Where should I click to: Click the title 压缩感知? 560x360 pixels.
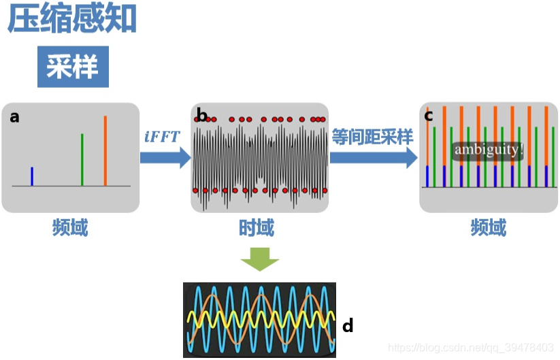point(72,20)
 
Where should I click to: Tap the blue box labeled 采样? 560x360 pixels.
point(72,67)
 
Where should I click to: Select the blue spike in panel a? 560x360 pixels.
point(32,176)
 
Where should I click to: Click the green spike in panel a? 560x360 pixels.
point(82,159)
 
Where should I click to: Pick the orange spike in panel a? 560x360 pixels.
point(105,150)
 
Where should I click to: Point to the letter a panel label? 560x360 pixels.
point(15,117)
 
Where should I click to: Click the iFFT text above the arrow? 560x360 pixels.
point(162,136)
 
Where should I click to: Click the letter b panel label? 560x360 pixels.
point(201,115)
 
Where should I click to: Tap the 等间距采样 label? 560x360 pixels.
point(372,136)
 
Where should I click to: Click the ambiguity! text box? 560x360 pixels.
point(488,150)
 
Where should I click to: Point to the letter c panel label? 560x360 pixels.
point(429,116)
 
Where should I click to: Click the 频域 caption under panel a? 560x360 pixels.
point(70,228)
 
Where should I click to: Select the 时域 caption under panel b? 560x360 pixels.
point(257,228)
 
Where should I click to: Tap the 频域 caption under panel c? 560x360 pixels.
point(489,228)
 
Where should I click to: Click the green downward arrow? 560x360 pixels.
point(260,259)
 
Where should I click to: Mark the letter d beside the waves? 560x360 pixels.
point(348,326)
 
